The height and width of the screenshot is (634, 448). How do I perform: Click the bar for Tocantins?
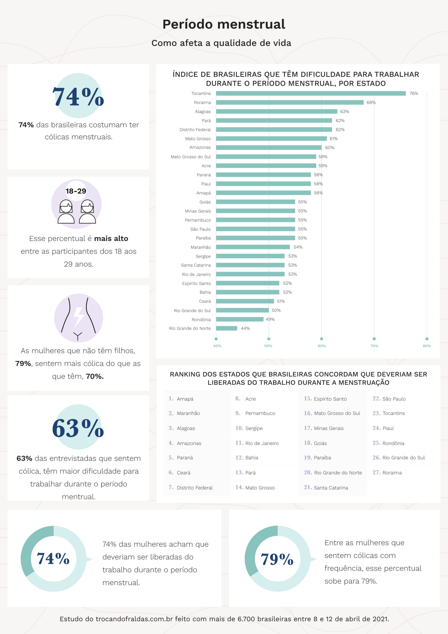(311, 93)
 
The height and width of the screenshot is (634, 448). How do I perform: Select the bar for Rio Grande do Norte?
(227, 328)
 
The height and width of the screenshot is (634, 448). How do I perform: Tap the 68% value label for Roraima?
(371, 103)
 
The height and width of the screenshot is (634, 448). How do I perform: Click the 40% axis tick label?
(217, 346)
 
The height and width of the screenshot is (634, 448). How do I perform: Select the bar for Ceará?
(245, 301)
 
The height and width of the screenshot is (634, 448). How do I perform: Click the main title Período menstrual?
(224, 24)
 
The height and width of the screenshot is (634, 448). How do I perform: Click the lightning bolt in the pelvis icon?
(79, 317)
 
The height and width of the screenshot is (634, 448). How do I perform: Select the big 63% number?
(78, 428)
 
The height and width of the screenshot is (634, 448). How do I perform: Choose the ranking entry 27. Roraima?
(387, 473)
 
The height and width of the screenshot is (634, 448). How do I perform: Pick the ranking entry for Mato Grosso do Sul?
(332, 413)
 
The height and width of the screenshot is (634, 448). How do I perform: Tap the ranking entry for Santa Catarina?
(326, 487)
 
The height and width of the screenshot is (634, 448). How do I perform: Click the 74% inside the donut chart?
(53, 558)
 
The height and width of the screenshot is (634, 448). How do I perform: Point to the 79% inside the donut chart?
(277, 559)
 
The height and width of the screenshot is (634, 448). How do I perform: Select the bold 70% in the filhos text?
(94, 376)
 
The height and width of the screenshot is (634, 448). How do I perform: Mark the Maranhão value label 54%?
(298, 247)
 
